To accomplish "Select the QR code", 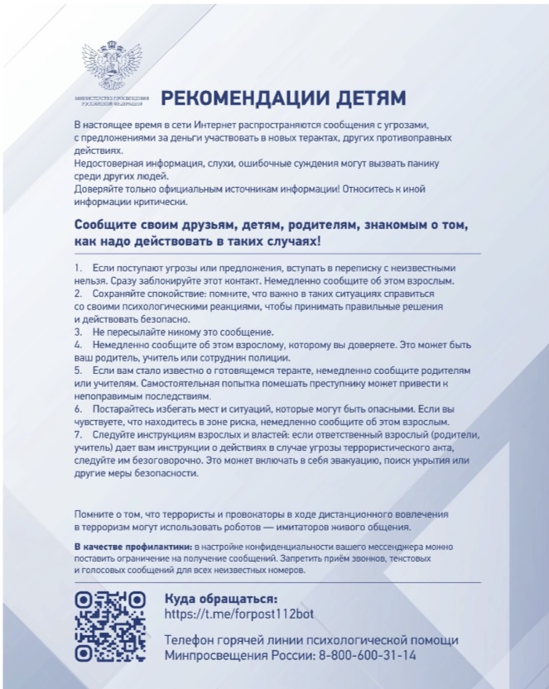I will [x=110, y=626].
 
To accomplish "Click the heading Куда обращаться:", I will [x=220, y=598].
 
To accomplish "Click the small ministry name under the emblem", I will [x=110, y=101].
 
